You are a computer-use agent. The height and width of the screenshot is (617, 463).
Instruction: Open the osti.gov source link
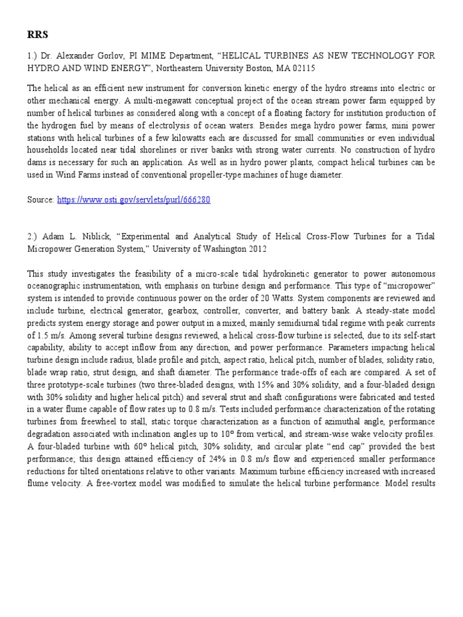133,199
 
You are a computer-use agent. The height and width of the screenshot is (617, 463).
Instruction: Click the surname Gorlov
108,55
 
